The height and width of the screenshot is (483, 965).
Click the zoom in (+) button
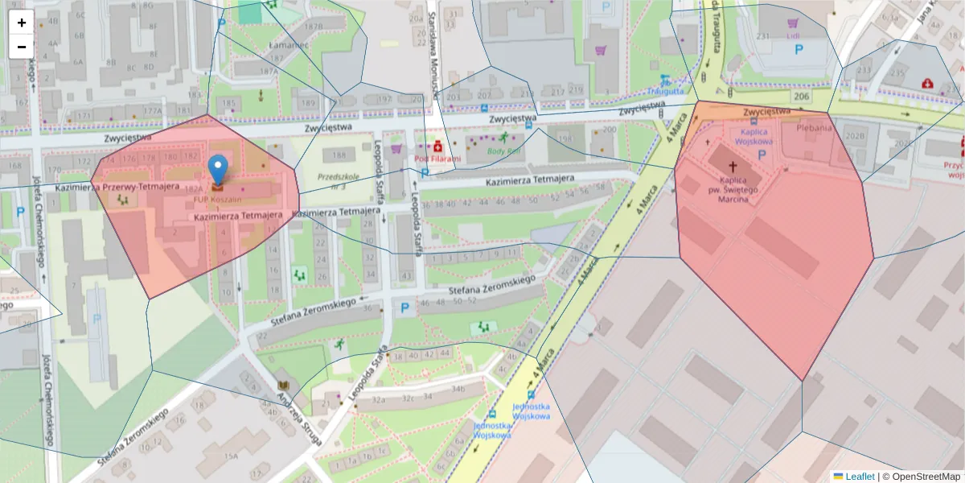(22, 23)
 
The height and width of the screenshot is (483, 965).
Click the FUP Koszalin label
(217, 200)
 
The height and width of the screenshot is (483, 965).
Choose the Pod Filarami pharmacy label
(437, 159)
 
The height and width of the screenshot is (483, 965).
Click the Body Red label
(504, 151)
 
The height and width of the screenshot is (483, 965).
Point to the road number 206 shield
(800, 97)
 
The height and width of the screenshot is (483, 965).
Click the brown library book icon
(282, 385)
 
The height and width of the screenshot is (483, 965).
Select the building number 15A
(231, 456)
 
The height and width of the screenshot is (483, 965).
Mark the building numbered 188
(340, 155)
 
